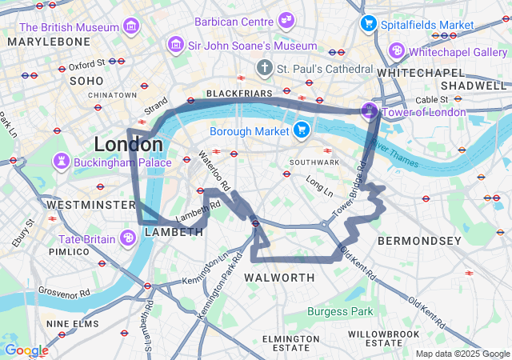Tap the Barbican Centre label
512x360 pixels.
pyautogui.click(x=237, y=20)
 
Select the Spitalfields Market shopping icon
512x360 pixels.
pyautogui.click(x=368, y=24)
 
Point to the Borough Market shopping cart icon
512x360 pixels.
pyautogui.click(x=302, y=130)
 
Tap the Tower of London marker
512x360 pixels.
pyautogui.click(x=369, y=110)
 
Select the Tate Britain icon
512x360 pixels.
pyautogui.click(x=128, y=238)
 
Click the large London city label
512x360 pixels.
pyautogui.click(x=128, y=145)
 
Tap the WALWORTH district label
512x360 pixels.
pyautogui.click(x=279, y=278)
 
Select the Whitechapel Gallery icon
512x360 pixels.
pyautogui.click(x=396, y=51)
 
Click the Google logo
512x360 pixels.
pyautogui.click(x=26, y=350)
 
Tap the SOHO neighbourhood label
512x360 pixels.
pyautogui.click(x=86, y=81)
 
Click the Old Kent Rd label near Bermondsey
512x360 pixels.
pyautogui.click(x=357, y=262)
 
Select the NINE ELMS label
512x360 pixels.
pyautogui.click(x=72, y=324)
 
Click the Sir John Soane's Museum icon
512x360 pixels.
pyautogui.click(x=174, y=45)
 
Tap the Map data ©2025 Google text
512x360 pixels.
pyautogui.click(x=462, y=354)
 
